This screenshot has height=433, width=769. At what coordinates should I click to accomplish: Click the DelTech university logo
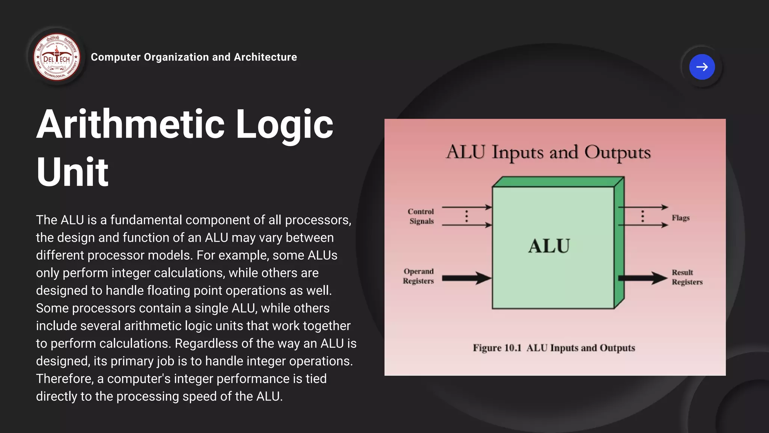click(57, 57)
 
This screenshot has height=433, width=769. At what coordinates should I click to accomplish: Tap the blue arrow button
click(702, 67)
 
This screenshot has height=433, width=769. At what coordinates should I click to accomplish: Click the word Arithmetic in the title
click(130, 124)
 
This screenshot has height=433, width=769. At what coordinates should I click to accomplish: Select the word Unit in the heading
click(72, 172)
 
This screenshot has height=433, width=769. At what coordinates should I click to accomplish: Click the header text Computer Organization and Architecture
click(194, 57)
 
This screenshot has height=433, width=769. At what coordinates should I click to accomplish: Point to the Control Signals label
click(421, 216)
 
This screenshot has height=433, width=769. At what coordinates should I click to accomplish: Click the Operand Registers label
click(418, 276)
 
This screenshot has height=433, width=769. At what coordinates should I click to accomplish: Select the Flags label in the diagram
click(680, 218)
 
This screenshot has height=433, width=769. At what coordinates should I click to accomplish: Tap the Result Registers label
click(687, 277)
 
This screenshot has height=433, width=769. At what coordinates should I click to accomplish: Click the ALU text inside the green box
click(549, 246)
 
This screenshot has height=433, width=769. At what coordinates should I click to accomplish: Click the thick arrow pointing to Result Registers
click(642, 278)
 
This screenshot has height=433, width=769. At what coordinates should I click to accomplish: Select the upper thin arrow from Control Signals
click(466, 207)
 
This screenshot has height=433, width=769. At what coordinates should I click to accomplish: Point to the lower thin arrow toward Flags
click(643, 225)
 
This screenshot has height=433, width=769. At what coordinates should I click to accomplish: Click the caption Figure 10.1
click(497, 348)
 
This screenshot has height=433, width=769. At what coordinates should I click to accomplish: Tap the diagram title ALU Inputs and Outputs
click(548, 153)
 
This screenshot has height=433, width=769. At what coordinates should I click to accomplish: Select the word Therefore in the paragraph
click(64, 379)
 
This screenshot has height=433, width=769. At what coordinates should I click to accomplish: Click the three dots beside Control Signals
click(467, 216)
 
